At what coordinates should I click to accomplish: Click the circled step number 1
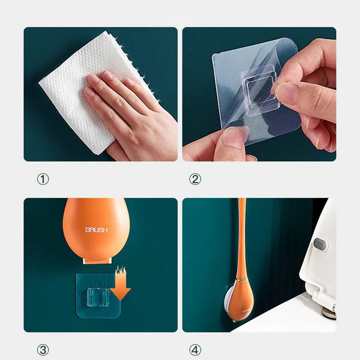coord(43,179)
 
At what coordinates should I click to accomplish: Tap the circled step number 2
coord(195,179)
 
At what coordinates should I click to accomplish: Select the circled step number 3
coord(43,350)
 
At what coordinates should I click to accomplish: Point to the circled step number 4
coord(195,350)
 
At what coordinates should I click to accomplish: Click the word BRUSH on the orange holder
coord(96,230)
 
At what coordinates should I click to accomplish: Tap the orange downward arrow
coord(120,287)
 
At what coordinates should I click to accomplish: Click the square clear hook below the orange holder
coord(97,296)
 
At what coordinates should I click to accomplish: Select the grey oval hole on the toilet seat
coord(320,244)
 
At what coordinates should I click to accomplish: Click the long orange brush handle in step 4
coord(241,234)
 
